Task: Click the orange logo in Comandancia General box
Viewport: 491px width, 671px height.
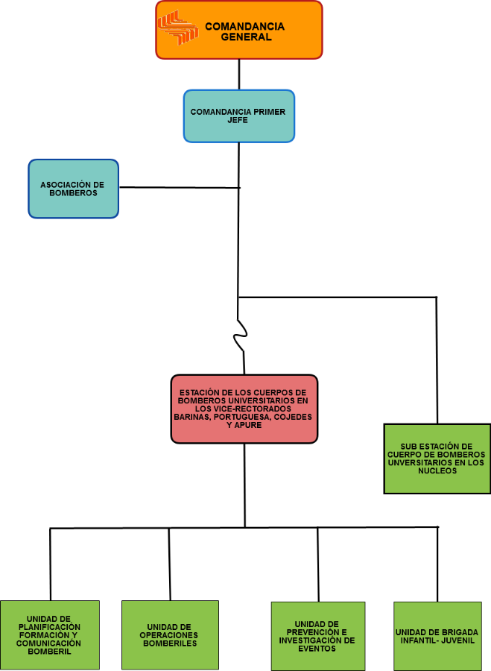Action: coord(178,28)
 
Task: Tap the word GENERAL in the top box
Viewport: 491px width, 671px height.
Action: coord(246,37)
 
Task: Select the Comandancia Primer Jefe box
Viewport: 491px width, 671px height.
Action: coord(239,116)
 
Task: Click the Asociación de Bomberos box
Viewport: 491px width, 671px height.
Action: coord(74,189)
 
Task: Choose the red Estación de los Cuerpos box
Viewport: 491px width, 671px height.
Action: coord(244,409)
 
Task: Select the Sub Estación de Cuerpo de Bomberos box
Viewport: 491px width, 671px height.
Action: coord(437,459)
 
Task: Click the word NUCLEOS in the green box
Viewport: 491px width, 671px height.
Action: coord(437,470)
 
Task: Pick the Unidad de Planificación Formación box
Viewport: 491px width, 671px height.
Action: coord(50,635)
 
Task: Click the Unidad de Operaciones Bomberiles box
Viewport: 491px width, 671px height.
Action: coord(170,635)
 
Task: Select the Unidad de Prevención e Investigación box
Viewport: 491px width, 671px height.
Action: coord(318,637)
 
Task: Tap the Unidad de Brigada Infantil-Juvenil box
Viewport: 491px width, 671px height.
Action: coord(437,637)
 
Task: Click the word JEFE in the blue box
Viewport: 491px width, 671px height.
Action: coord(238,120)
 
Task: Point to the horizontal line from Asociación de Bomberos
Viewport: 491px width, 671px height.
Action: coord(180,187)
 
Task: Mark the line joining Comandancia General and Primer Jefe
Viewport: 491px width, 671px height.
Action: coord(239,75)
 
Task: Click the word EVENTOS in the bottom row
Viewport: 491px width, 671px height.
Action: coord(317,649)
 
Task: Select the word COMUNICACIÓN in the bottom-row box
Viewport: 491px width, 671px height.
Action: coord(48,643)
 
